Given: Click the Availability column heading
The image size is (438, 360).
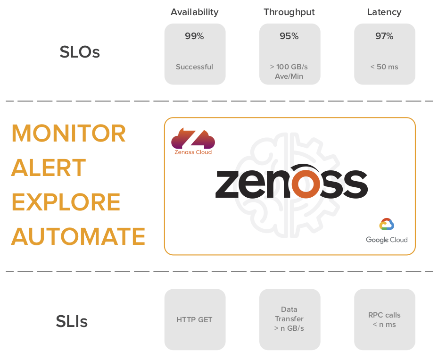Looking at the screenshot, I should (x=195, y=12).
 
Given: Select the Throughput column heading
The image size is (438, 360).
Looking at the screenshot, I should (x=289, y=12).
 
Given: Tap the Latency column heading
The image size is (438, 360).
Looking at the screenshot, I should (x=384, y=12).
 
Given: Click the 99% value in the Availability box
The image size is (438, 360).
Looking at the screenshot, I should (x=194, y=36).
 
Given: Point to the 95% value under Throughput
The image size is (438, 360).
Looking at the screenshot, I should (x=289, y=36).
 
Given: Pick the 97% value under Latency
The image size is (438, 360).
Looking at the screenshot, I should (x=384, y=36).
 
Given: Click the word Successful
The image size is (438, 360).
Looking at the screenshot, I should (x=194, y=67).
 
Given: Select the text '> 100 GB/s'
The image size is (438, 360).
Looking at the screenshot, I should (x=289, y=67).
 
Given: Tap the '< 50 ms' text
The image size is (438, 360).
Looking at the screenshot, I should (x=384, y=67).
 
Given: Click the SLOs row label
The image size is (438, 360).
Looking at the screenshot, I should (x=80, y=52).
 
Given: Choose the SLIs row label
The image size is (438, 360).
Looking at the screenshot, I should (x=72, y=322).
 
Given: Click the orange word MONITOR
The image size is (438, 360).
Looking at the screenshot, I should (x=69, y=134).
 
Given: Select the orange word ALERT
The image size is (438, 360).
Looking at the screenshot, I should (x=49, y=168).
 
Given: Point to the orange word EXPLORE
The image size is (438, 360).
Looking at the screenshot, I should (x=66, y=202).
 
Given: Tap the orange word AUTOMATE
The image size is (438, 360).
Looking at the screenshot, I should (x=78, y=236).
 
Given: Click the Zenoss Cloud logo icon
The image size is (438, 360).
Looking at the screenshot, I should (x=193, y=138).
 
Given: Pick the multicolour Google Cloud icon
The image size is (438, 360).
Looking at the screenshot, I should (x=387, y=224).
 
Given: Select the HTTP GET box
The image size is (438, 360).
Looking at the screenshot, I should (x=195, y=320).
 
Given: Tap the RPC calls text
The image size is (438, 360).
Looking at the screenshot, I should (x=384, y=315).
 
